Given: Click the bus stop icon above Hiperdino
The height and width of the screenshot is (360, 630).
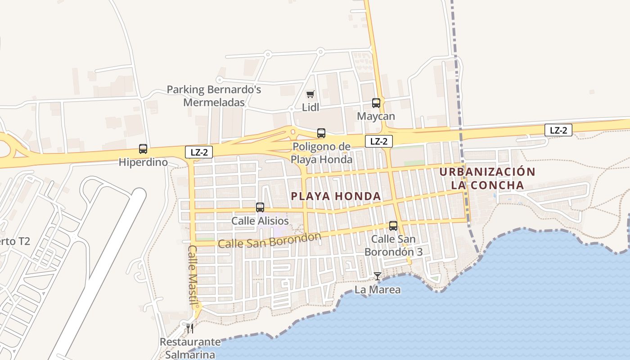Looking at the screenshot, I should click(x=143, y=149).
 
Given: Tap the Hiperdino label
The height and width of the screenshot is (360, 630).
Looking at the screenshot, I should click(x=143, y=162).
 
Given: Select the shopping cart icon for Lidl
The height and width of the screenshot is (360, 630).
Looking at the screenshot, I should click(x=310, y=94).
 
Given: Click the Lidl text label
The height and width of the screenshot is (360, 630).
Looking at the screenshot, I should click(x=310, y=108).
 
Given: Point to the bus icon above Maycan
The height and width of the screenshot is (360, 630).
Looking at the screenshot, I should click(x=376, y=103).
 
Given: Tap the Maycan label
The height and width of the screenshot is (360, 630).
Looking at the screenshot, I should click(x=376, y=117).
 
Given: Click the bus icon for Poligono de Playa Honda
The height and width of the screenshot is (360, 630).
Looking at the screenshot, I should click(x=321, y=133).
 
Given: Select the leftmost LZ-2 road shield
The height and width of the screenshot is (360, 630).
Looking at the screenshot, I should click(x=198, y=152).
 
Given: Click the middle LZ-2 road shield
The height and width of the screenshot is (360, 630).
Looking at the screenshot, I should click(x=379, y=141).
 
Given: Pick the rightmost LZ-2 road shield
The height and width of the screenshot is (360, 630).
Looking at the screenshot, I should click(x=558, y=130).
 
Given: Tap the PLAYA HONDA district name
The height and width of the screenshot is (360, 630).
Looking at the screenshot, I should click(x=336, y=196).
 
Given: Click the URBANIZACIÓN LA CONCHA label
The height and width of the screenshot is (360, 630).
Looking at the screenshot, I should click(x=488, y=178).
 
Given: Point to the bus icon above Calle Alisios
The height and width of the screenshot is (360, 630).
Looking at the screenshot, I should click(x=260, y=207).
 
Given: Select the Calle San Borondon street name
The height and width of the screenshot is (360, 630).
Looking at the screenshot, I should click(x=270, y=240).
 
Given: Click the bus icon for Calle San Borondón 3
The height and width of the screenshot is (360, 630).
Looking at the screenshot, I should click(x=393, y=226).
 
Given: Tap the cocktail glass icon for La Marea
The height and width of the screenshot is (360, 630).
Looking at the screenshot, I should click(x=378, y=276).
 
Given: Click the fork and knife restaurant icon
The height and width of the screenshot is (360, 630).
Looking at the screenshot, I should click(x=190, y=328).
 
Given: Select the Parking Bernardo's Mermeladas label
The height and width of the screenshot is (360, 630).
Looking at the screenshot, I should click(x=214, y=96).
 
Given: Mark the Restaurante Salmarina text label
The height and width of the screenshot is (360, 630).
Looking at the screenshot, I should click(x=190, y=348).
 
